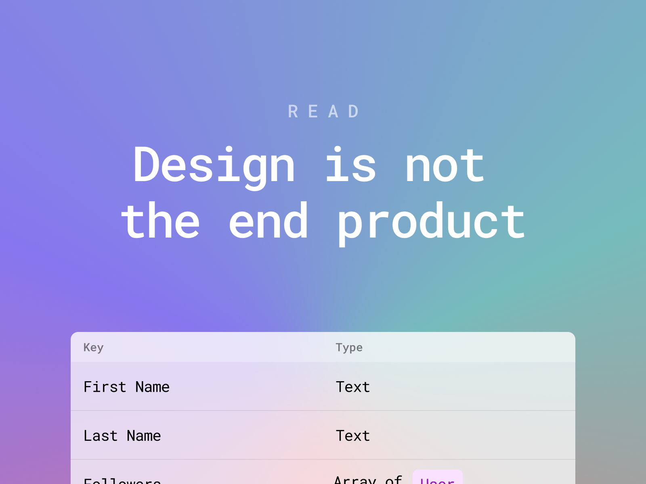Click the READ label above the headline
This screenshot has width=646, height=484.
323,112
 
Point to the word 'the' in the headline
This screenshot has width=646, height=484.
160,221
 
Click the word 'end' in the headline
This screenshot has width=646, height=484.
268,221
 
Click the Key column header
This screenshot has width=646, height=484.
93,347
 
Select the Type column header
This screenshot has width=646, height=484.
349,347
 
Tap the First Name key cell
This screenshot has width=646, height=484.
126,387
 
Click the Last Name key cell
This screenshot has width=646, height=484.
122,436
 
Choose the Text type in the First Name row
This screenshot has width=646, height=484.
352,387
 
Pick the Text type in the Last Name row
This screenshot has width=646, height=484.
352,436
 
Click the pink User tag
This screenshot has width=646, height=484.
437,478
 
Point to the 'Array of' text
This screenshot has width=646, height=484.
368,480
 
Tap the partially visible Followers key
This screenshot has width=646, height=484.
122,481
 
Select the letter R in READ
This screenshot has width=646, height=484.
293,112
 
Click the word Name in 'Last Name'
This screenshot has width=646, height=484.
144,436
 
